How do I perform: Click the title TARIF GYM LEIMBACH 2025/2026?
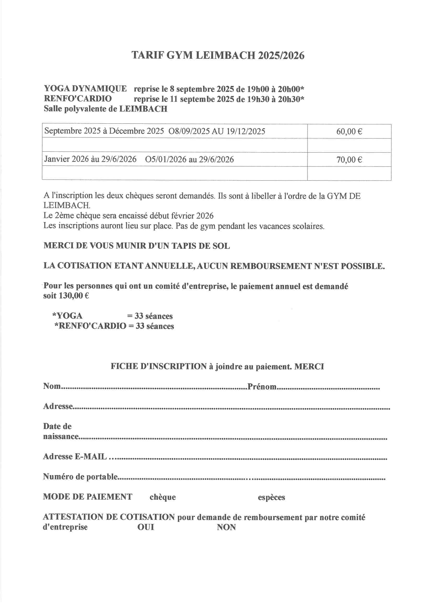tap(218, 55)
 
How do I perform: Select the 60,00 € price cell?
tap(349, 131)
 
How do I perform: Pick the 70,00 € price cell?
tap(349, 160)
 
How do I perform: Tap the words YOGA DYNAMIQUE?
tap(85, 89)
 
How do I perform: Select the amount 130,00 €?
tap(74, 296)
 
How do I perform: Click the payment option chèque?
tap(162, 497)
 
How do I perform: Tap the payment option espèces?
tap(271, 497)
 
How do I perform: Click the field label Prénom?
tap(262, 387)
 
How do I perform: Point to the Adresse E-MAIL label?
tap(75, 457)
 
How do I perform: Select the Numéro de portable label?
tap(80, 477)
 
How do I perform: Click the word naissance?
tap(61, 437)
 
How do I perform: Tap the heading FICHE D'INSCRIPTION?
tap(159, 366)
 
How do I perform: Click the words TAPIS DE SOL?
tap(201, 246)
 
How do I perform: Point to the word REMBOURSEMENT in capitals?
tap(271, 266)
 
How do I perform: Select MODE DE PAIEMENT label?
tap(87, 497)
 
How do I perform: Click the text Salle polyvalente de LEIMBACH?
tap(105, 109)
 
